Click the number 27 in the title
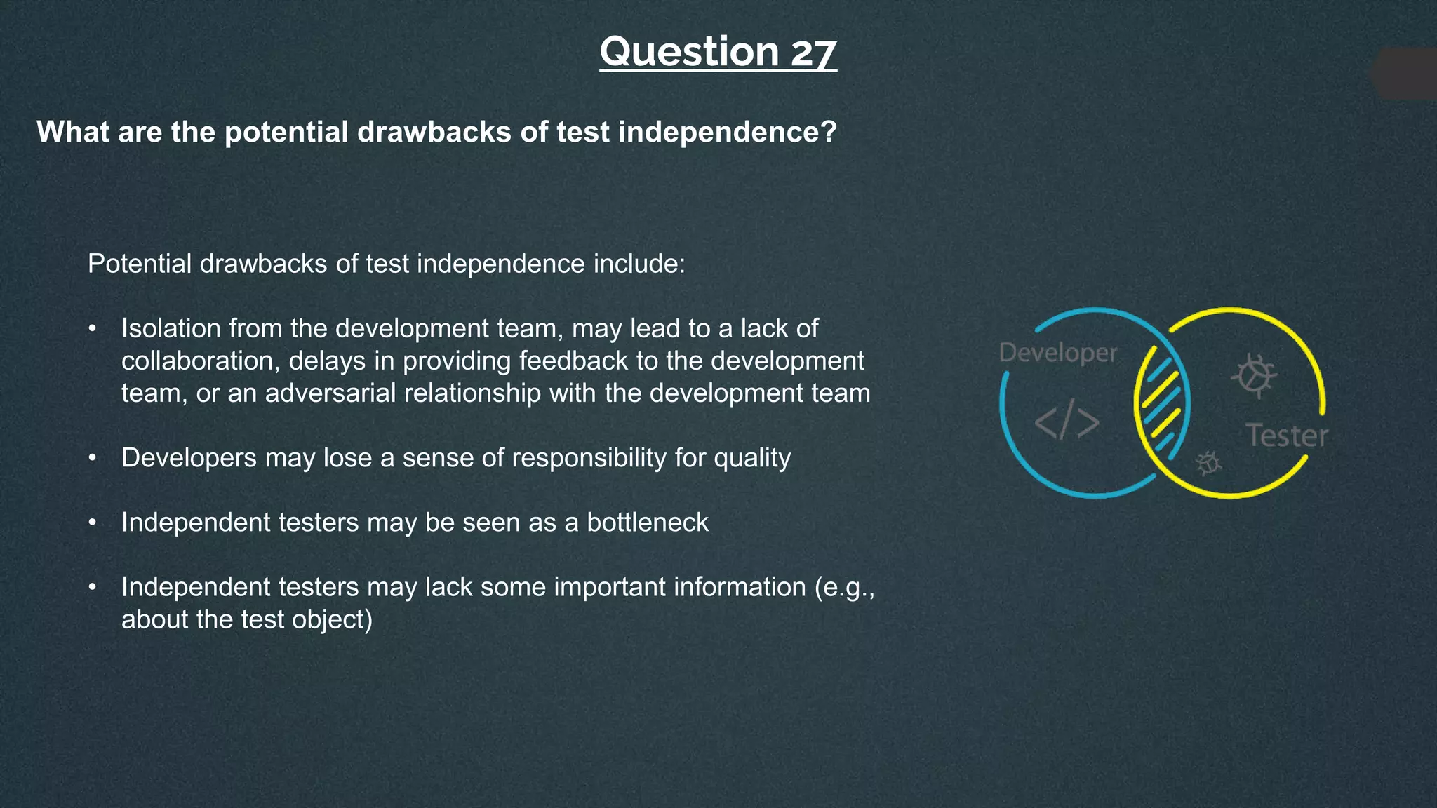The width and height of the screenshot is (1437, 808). coord(814,53)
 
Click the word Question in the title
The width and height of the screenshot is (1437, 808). coord(689,53)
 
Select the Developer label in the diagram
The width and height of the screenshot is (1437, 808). coord(1057,353)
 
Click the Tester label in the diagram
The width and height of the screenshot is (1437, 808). coord(1287,436)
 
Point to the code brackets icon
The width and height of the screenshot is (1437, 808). coord(1067,422)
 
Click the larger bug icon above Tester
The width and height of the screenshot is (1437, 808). coord(1254,375)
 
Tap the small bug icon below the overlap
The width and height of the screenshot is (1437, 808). coord(1208,462)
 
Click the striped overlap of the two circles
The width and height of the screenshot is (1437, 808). coord(1162,403)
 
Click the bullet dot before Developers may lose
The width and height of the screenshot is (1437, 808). coord(92,459)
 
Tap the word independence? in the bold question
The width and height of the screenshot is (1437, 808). coord(727,132)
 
